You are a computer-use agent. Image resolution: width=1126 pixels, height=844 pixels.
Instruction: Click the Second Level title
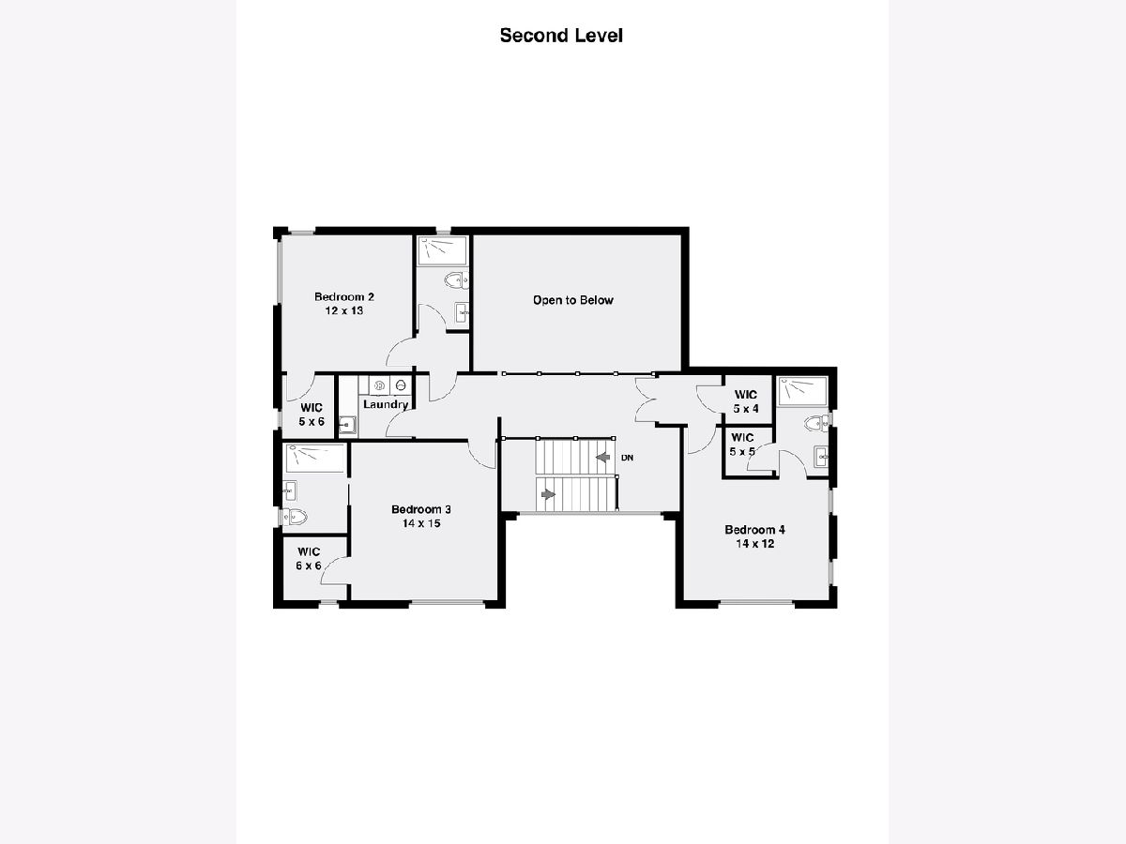tap(561, 36)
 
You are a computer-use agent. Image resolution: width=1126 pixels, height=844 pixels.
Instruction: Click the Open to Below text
tap(573, 300)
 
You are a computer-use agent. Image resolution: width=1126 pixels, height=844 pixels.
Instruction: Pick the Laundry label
tap(386, 404)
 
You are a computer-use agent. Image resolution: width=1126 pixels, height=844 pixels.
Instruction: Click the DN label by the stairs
tap(627, 458)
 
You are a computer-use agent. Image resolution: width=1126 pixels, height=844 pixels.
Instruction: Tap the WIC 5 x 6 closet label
tap(312, 414)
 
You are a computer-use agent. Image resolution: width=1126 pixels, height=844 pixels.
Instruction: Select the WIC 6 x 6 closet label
tap(309, 559)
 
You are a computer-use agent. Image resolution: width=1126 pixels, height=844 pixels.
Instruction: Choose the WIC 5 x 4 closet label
tap(746, 401)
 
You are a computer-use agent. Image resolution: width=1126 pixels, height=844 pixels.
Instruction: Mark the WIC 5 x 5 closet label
tap(742, 445)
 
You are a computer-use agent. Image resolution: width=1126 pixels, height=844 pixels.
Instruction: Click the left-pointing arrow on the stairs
tap(602, 457)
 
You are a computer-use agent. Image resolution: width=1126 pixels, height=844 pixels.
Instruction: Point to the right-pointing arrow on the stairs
tap(548, 494)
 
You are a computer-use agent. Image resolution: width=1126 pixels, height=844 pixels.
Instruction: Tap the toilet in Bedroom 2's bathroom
tap(456, 280)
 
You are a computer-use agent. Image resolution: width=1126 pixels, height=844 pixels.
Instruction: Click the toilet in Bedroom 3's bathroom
tap(295, 517)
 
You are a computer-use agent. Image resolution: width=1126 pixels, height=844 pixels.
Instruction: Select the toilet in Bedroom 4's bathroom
tap(816, 423)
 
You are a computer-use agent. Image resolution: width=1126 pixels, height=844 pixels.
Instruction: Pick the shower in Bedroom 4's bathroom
tap(802, 392)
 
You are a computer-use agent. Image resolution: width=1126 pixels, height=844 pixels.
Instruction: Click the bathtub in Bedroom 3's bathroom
tap(315, 458)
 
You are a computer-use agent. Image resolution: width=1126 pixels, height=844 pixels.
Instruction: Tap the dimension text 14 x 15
tap(421, 523)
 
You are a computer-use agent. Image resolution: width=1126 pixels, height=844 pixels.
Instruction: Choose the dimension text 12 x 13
tap(344, 310)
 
